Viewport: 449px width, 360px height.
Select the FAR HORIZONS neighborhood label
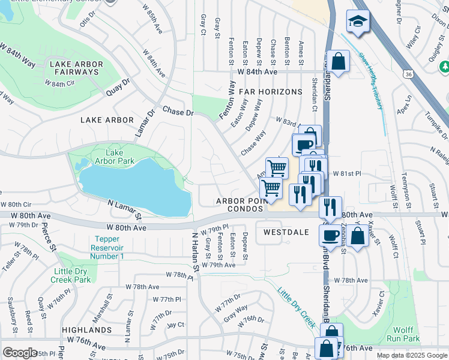(x=270, y=92)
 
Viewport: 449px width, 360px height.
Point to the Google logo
(x=20, y=353)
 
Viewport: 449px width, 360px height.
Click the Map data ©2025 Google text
(x=411, y=355)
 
